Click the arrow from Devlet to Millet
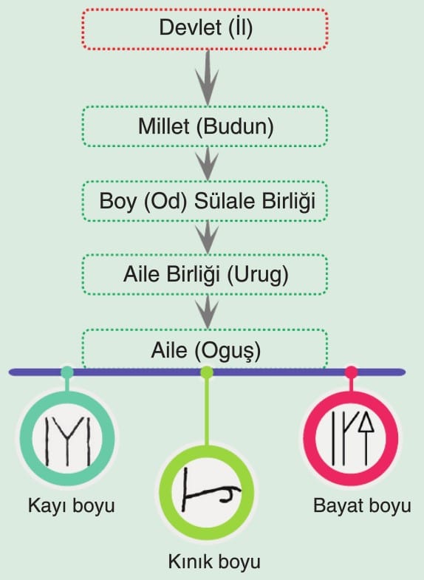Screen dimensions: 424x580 pyautogui.click(x=208, y=78)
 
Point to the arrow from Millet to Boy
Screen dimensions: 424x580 pyautogui.click(x=208, y=163)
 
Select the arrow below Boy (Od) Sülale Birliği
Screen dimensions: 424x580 pyautogui.click(x=208, y=237)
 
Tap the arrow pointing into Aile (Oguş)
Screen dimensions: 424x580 pyautogui.click(x=208, y=312)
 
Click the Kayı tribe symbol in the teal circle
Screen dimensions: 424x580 pyautogui.click(x=68, y=441)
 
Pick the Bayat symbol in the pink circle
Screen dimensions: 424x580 pyautogui.click(x=352, y=437)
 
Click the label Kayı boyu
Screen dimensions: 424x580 pyautogui.click(x=72, y=505)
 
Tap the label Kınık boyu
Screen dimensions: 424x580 pyautogui.click(x=214, y=562)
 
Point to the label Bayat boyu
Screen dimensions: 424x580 pyautogui.click(x=362, y=505)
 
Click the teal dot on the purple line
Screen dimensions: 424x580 pyautogui.click(x=67, y=372)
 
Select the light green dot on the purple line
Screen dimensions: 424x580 pyautogui.click(x=207, y=372)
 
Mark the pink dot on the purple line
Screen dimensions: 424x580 pyautogui.click(x=351, y=372)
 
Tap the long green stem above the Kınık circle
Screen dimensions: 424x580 pyautogui.click(x=207, y=412)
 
